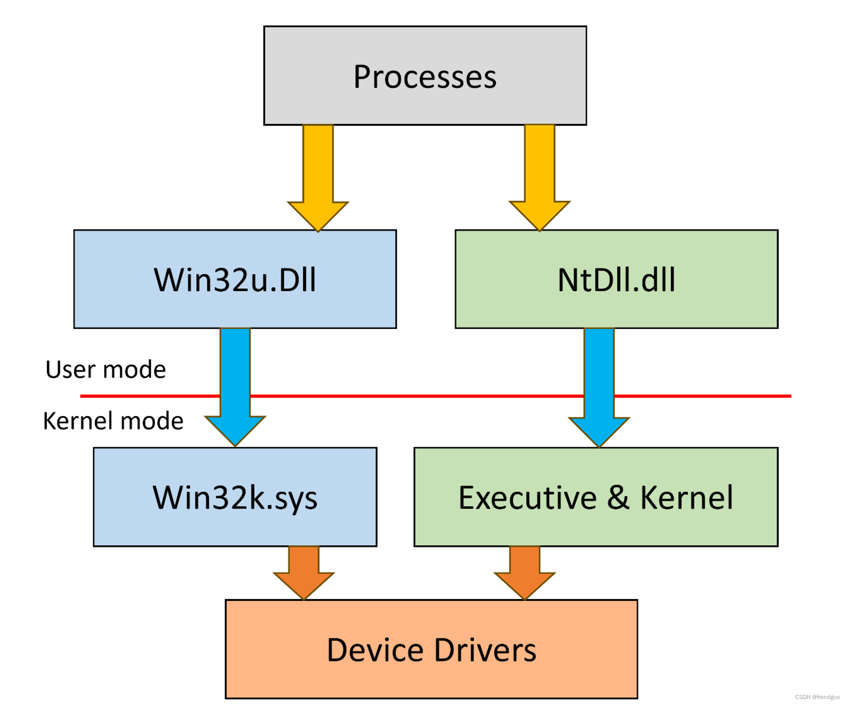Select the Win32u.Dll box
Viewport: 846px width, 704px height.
coord(235,279)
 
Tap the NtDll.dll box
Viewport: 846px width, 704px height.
coord(616,279)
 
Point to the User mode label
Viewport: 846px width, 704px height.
coord(105,369)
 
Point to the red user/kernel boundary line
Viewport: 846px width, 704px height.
coord(423,396)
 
